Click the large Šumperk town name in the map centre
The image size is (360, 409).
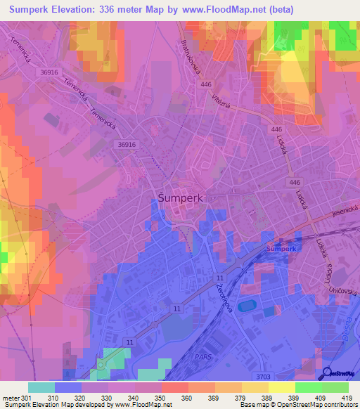(x=178, y=198)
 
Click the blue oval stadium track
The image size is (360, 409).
(x=247, y=306)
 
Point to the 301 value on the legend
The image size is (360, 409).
(x=27, y=398)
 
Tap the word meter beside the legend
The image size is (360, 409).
(x=11, y=398)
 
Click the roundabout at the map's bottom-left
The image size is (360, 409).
(x=100, y=365)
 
